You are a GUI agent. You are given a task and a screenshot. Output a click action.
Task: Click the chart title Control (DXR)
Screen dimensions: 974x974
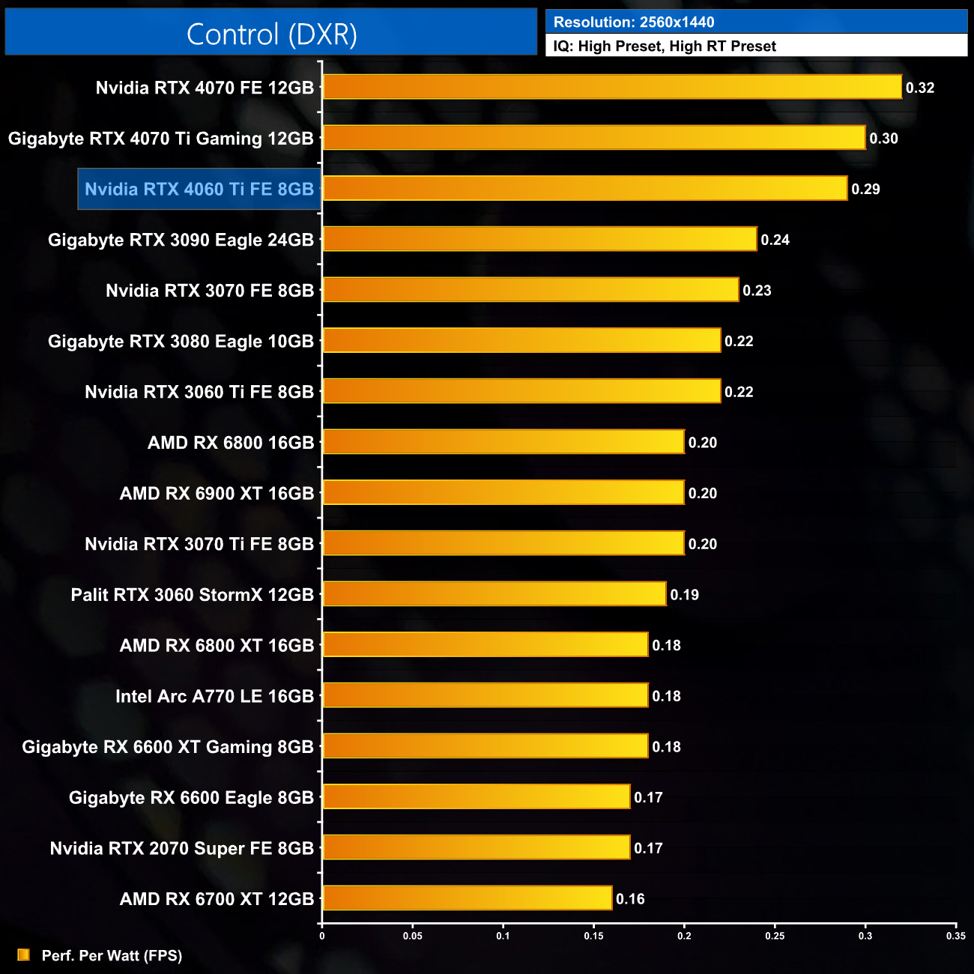271,34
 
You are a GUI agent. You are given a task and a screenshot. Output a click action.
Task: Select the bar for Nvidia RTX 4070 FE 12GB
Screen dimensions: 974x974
612,87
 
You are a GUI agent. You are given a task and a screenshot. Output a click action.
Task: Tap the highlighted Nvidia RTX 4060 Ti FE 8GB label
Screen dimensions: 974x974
199,189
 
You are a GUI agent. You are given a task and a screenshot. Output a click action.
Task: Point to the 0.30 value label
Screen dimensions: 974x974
883,139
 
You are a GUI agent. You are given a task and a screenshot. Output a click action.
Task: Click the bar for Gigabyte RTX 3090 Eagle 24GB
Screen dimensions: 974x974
539,239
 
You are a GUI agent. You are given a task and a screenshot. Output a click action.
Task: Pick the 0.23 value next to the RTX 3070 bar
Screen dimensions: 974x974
757,291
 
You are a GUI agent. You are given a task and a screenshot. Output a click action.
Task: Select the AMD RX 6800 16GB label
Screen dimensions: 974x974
231,443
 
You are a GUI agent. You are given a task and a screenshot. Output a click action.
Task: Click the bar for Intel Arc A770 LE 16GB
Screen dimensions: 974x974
486,695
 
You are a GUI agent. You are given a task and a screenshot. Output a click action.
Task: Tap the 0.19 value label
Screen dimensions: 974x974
684,595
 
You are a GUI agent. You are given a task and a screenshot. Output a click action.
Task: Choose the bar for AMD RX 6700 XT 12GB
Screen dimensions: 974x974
468,898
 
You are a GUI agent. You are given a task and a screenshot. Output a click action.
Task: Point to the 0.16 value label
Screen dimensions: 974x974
630,899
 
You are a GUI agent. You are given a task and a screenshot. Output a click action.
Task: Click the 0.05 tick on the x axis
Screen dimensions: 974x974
413,936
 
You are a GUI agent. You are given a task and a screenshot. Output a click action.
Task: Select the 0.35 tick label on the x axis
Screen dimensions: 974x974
956,936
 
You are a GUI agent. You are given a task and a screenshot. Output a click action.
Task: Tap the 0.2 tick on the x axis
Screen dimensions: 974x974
684,936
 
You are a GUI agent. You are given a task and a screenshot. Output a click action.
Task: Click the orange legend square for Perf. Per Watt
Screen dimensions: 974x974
24,955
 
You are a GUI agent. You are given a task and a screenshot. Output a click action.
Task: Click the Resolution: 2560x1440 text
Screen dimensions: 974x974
634,22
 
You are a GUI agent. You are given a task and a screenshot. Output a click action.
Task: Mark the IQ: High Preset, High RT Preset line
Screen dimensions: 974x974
665,46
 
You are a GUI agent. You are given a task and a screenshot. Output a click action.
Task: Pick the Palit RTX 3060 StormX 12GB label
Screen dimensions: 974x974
193,595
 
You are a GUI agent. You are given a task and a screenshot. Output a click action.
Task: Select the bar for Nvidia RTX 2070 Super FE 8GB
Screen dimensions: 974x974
477,847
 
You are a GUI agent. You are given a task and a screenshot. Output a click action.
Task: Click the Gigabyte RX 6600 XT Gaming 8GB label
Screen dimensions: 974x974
168,747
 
